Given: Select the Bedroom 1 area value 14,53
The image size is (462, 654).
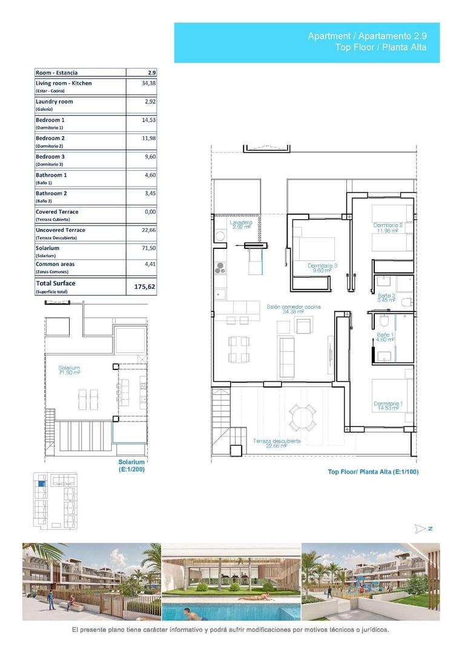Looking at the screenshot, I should coord(148,120).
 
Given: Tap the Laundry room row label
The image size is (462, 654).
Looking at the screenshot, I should coord(54,102).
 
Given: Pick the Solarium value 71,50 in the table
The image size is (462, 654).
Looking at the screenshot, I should coord(148,248).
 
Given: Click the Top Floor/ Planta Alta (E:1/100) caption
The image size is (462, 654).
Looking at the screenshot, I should coord(373,472).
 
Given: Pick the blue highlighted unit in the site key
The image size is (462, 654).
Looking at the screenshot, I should coord(41,483).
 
